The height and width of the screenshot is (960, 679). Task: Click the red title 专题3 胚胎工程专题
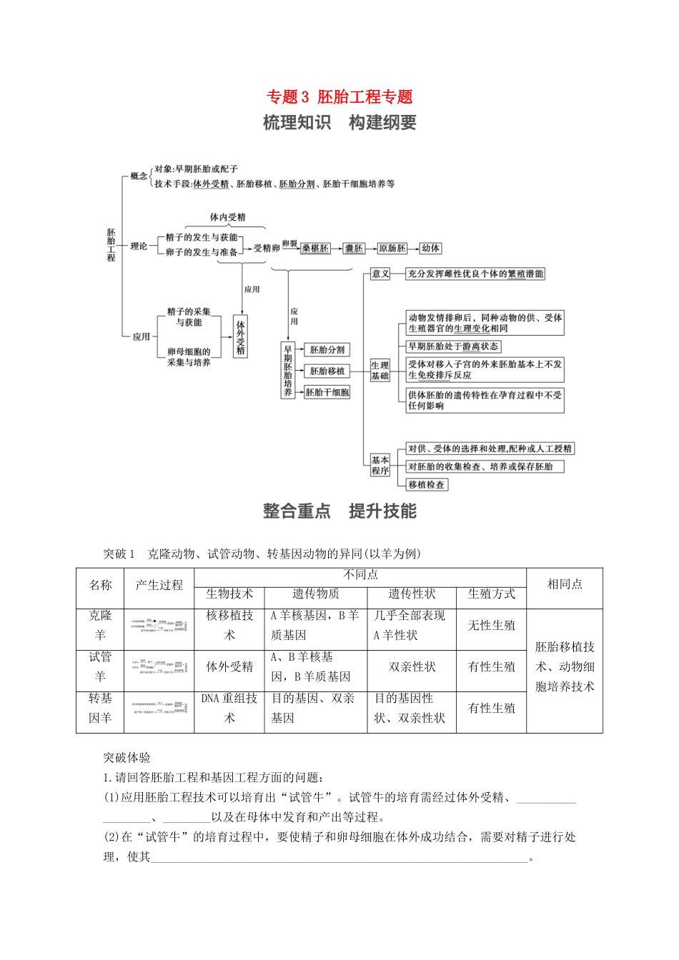[339, 97]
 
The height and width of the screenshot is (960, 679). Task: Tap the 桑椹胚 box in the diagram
[315, 249]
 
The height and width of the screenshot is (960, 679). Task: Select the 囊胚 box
[354, 249]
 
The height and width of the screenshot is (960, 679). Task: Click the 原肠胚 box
[392, 249]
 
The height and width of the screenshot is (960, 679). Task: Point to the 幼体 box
[430, 249]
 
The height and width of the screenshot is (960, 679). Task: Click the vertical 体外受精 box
[241, 336]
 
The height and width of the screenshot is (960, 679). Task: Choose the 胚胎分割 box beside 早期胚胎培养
[327, 350]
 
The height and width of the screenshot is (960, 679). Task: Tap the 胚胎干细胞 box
[327, 392]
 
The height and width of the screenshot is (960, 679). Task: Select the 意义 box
[380, 274]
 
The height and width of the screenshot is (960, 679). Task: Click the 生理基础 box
[380, 370]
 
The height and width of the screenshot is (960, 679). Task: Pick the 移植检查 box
[427, 484]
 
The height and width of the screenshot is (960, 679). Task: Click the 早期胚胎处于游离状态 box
[453, 346]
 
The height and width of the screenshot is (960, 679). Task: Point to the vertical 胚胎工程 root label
[111, 245]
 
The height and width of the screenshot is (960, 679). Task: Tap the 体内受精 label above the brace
[227, 217]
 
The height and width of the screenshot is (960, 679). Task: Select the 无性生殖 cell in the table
[491, 626]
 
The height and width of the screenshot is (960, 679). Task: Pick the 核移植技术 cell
[229, 626]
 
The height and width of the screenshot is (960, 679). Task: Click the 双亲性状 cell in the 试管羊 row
[412, 667]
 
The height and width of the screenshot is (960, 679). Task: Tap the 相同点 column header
[565, 584]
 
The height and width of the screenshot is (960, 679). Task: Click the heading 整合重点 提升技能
[339, 511]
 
